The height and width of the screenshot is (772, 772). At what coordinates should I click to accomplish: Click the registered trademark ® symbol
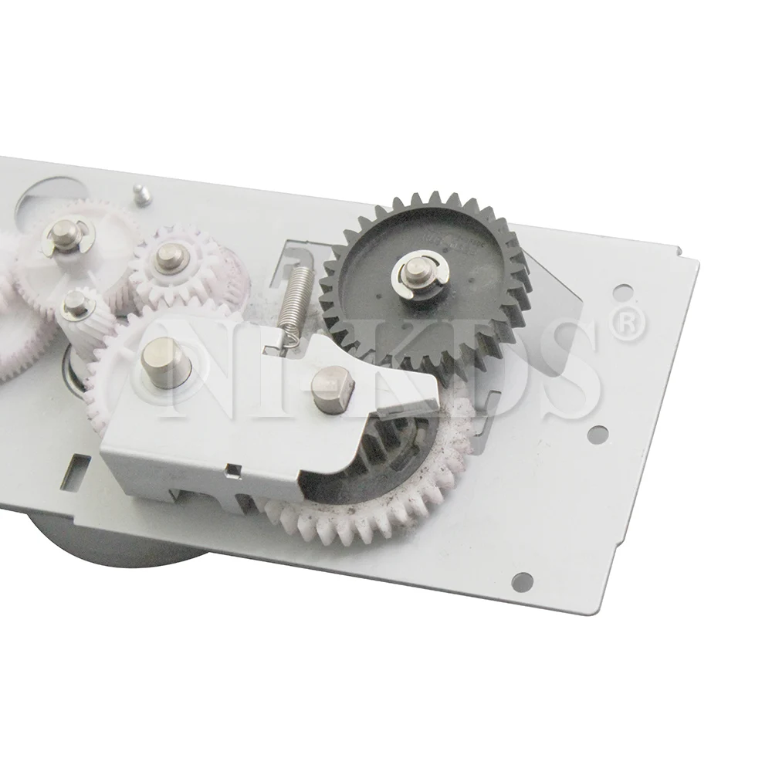(627, 325)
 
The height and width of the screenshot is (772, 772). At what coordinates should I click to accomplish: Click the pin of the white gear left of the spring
(166, 254)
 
